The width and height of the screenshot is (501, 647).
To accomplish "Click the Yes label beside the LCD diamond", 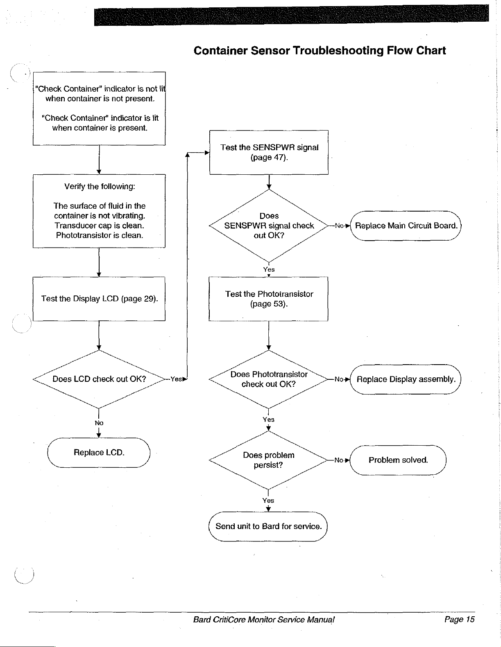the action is click(x=176, y=379).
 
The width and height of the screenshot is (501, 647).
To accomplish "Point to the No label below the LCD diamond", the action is click(x=99, y=423).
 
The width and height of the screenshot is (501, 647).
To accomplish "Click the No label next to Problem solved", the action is click(x=339, y=460).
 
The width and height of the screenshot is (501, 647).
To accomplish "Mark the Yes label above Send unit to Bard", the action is click(x=268, y=500).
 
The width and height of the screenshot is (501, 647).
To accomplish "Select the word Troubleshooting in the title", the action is click(x=338, y=51).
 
